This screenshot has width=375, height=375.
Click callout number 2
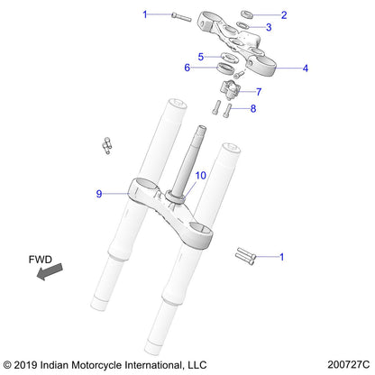[x=284, y=15]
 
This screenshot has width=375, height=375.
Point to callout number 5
[x=202, y=56]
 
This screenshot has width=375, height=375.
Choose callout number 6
[x=187, y=67]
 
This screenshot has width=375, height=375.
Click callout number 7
[x=259, y=92]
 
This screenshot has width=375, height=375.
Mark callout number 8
[x=253, y=108]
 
